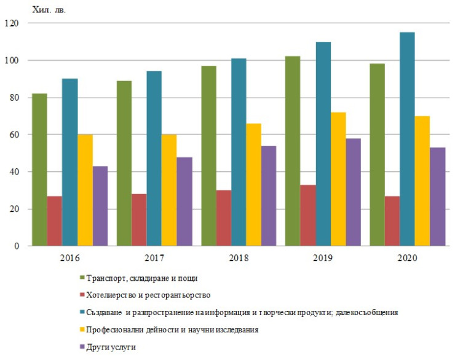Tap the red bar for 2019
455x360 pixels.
point(307,216)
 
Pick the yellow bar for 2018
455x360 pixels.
point(253,185)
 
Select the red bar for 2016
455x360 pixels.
point(54,221)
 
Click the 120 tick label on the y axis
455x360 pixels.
point(12,23)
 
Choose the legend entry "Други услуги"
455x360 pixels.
point(111,347)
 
